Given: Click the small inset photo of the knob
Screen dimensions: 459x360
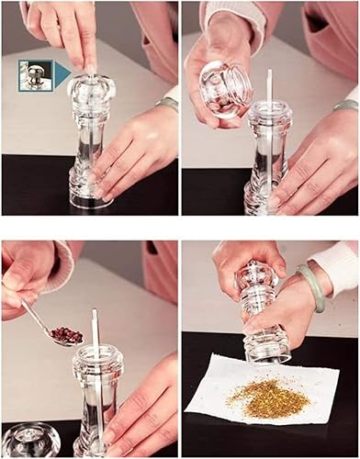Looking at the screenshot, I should point(34,76).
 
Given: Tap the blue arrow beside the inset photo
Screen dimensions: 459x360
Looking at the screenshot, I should point(61,76).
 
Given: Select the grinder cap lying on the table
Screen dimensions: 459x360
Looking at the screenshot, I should point(29,442).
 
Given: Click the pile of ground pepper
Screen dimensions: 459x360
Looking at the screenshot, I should point(262,396).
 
